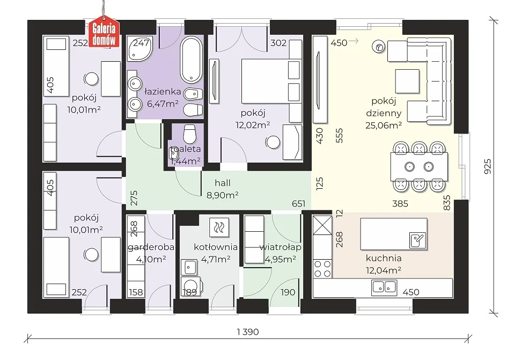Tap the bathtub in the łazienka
(x=192, y=59)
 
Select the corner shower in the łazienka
(x=139, y=49)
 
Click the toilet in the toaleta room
(x=189, y=134)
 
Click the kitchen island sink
(x=417, y=240)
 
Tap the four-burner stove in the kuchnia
(x=322, y=269)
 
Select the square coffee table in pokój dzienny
(x=407, y=81)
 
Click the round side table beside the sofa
(x=379, y=47)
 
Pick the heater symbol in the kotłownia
(x=219, y=227)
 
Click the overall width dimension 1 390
(x=248, y=332)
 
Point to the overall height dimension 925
(x=487, y=166)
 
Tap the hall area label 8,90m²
(x=223, y=195)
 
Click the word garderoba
(x=151, y=247)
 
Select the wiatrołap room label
(x=280, y=247)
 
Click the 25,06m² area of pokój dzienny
(x=384, y=125)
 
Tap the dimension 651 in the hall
(x=299, y=203)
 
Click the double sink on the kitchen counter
(x=384, y=287)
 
